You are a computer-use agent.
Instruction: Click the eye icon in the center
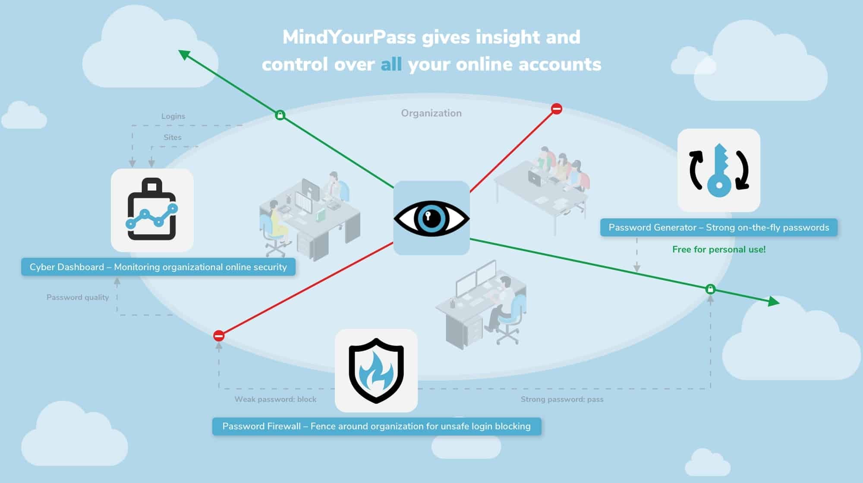pyautogui.click(x=431, y=218)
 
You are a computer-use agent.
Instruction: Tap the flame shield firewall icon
pyautogui.click(x=376, y=371)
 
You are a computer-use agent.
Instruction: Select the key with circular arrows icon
pyautogui.click(x=718, y=170)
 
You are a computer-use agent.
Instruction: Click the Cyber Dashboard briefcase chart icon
pyautogui.click(x=152, y=210)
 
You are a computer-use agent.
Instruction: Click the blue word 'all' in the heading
pyautogui.click(x=391, y=65)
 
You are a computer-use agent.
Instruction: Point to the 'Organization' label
pyautogui.click(x=431, y=113)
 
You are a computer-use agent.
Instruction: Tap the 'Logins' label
pyautogui.click(x=173, y=116)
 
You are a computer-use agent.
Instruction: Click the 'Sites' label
pyautogui.click(x=172, y=137)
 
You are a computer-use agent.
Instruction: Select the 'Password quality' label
pyautogui.click(x=78, y=297)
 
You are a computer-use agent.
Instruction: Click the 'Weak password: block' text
pyautogui.click(x=275, y=399)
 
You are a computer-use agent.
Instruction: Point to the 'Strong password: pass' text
pyautogui.click(x=562, y=399)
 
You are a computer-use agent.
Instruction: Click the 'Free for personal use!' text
pyautogui.click(x=719, y=249)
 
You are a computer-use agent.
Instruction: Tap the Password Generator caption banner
pyautogui.click(x=718, y=228)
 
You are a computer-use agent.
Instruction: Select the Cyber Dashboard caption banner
pyautogui.click(x=158, y=267)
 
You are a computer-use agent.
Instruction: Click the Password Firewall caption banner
pyautogui.click(x=376, y=426)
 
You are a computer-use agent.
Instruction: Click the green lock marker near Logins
pyautogui.click(x=280, y=115)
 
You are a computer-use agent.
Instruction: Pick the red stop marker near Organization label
pyautogui.click(x=557, y=109)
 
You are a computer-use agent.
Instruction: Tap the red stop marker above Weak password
pyautogui.click(x=219, y=336)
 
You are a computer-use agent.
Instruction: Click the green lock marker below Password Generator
pyautogui.click(x=710, y=289)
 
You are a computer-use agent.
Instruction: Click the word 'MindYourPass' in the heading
pyautogui.click(x=349, y=38)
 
